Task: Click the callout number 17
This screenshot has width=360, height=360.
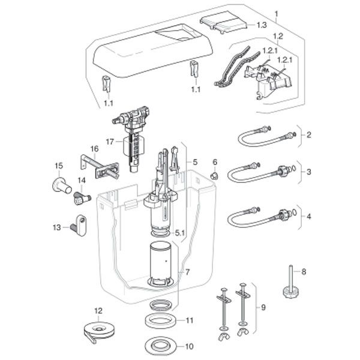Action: click(109, 142)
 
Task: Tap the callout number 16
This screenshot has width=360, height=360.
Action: click(94, 148)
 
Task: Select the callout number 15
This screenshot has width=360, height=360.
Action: click(59, 165)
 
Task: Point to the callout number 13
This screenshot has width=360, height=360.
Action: click(56, 227)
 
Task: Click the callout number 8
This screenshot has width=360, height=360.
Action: click(304, 272)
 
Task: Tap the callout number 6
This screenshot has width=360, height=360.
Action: click(214, 161)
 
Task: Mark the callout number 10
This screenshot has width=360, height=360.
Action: click(189, 347)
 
